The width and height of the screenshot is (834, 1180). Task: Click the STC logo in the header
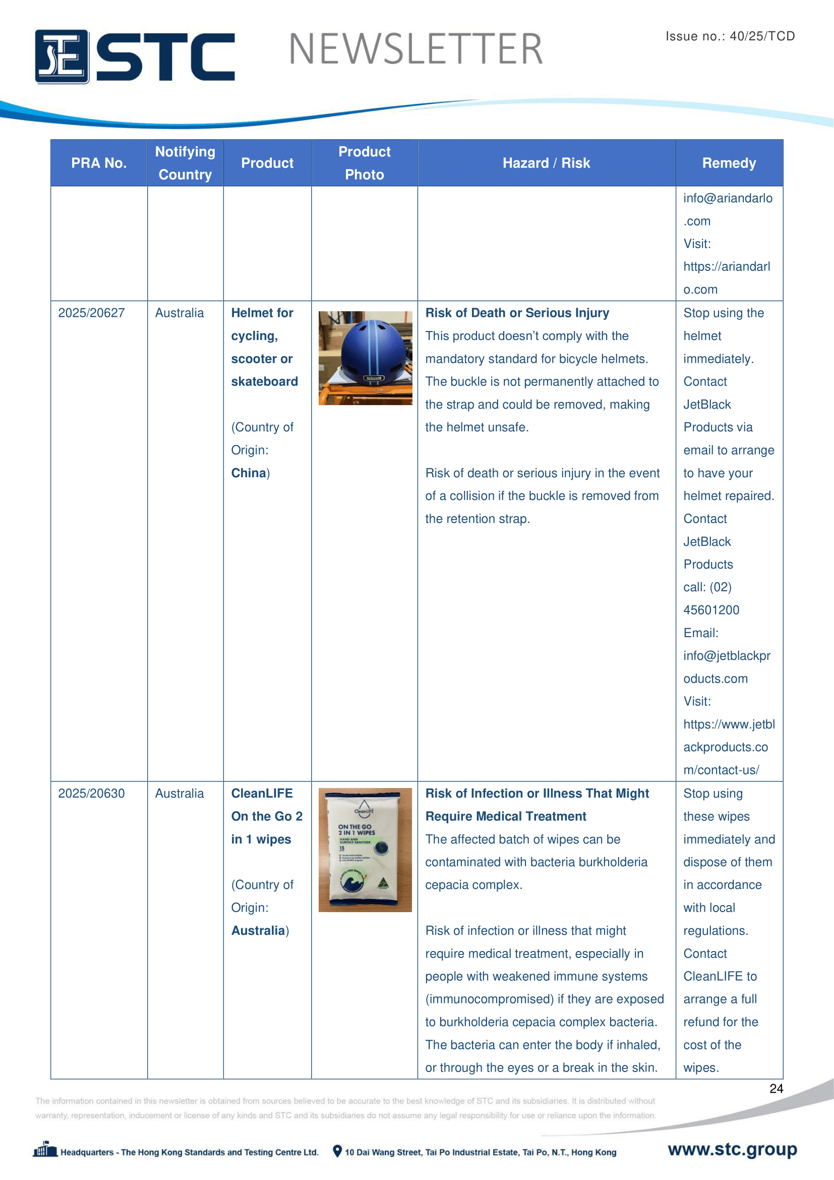135,57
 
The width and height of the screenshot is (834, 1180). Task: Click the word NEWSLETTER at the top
415,49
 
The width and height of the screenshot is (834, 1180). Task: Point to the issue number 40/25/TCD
761,36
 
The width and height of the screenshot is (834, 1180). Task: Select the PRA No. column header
99,163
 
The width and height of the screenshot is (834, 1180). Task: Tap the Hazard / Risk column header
546,163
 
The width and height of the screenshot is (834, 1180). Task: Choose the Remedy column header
729,163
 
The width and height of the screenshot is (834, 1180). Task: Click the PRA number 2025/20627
91,313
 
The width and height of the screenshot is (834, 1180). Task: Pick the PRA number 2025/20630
91,793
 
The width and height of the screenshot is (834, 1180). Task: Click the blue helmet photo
365,358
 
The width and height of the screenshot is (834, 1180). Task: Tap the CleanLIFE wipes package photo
365,850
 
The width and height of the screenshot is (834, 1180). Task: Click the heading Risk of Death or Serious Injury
517,313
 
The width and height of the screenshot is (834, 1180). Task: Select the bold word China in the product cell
249,473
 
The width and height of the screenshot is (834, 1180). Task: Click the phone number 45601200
711,610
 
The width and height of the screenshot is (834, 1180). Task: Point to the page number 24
776,1088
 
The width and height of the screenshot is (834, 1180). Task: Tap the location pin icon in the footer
337,1151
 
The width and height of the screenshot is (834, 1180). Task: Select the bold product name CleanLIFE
262,793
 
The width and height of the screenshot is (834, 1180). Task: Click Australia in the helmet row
179,313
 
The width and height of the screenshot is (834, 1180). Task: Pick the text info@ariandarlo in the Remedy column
728,198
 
